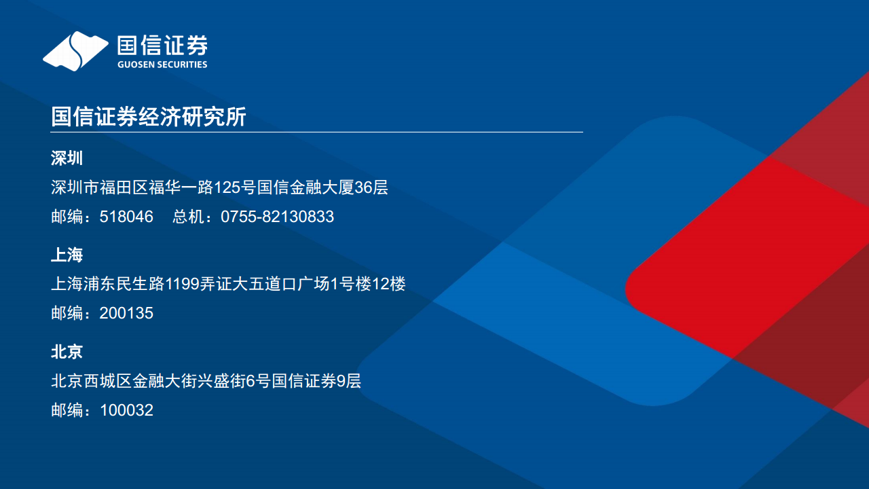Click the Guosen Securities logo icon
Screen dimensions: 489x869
click(x=75, y=50)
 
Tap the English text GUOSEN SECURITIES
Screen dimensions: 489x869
click(x=162, y=65)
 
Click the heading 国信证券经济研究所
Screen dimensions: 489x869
click(x=148, y=117)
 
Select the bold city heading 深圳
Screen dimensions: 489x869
click(x=67, y=158)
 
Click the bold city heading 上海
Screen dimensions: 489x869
click(x=67, y=255)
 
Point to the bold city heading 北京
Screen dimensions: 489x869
click(x=67, y=351)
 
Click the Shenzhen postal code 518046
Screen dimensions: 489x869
click(x=126, y=217)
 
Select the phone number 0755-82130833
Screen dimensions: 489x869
click(x=277, y=217)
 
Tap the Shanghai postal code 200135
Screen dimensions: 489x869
click(x=126, y=313)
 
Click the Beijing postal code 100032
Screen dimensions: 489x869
click(x=126, y=410)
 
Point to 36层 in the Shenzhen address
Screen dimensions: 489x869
click(x=371, y=187)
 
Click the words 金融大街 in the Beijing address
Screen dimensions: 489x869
click(x=165, y=381)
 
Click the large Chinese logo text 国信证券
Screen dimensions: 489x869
click(x=162, y=45)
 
